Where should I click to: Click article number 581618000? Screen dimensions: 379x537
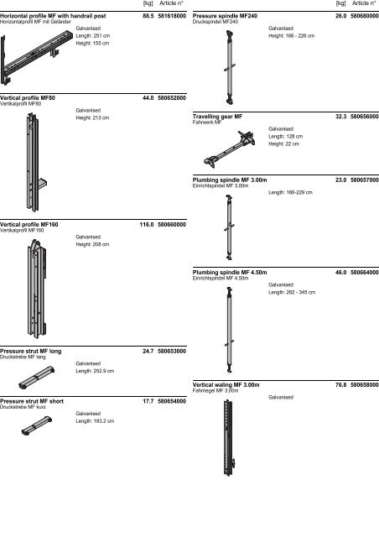click(x=172, y=16)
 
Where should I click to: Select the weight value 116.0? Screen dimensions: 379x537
click(x=147, y=225)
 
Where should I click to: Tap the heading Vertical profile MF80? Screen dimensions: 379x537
click(x=28, y=98)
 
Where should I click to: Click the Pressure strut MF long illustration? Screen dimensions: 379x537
click(x=37, y=378)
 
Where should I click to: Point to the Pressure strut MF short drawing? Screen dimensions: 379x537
click(x=37, y=425)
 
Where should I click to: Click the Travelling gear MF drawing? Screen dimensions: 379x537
click(x=229, y=149)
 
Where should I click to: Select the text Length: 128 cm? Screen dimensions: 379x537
click(x=286, y=136)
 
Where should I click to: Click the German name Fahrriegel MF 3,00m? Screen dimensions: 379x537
click(x=215, y=390)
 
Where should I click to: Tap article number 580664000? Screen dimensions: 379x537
click(x=365, y=273)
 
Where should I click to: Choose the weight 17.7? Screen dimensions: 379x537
click(x=148, y=401)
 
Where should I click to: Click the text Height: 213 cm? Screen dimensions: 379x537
click(x=92, y=117)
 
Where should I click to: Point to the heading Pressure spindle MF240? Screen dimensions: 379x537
click(x=225, y=16)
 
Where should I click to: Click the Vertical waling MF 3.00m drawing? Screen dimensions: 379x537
click(x=229, y=438)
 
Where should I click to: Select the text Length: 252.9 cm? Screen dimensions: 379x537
click(x=95, y=371)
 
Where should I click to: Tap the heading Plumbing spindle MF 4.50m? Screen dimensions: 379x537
click(x=230, y=273)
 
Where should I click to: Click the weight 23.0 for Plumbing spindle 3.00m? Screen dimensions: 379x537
click(x=340, y=180)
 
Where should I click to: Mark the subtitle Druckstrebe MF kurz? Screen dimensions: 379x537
click(x=23, y=407)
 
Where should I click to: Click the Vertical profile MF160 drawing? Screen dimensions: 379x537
click(x=37, y=289)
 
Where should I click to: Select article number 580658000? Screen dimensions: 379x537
click(x=365, y=385)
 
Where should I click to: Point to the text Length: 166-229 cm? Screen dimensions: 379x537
click(x=290, y=192)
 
